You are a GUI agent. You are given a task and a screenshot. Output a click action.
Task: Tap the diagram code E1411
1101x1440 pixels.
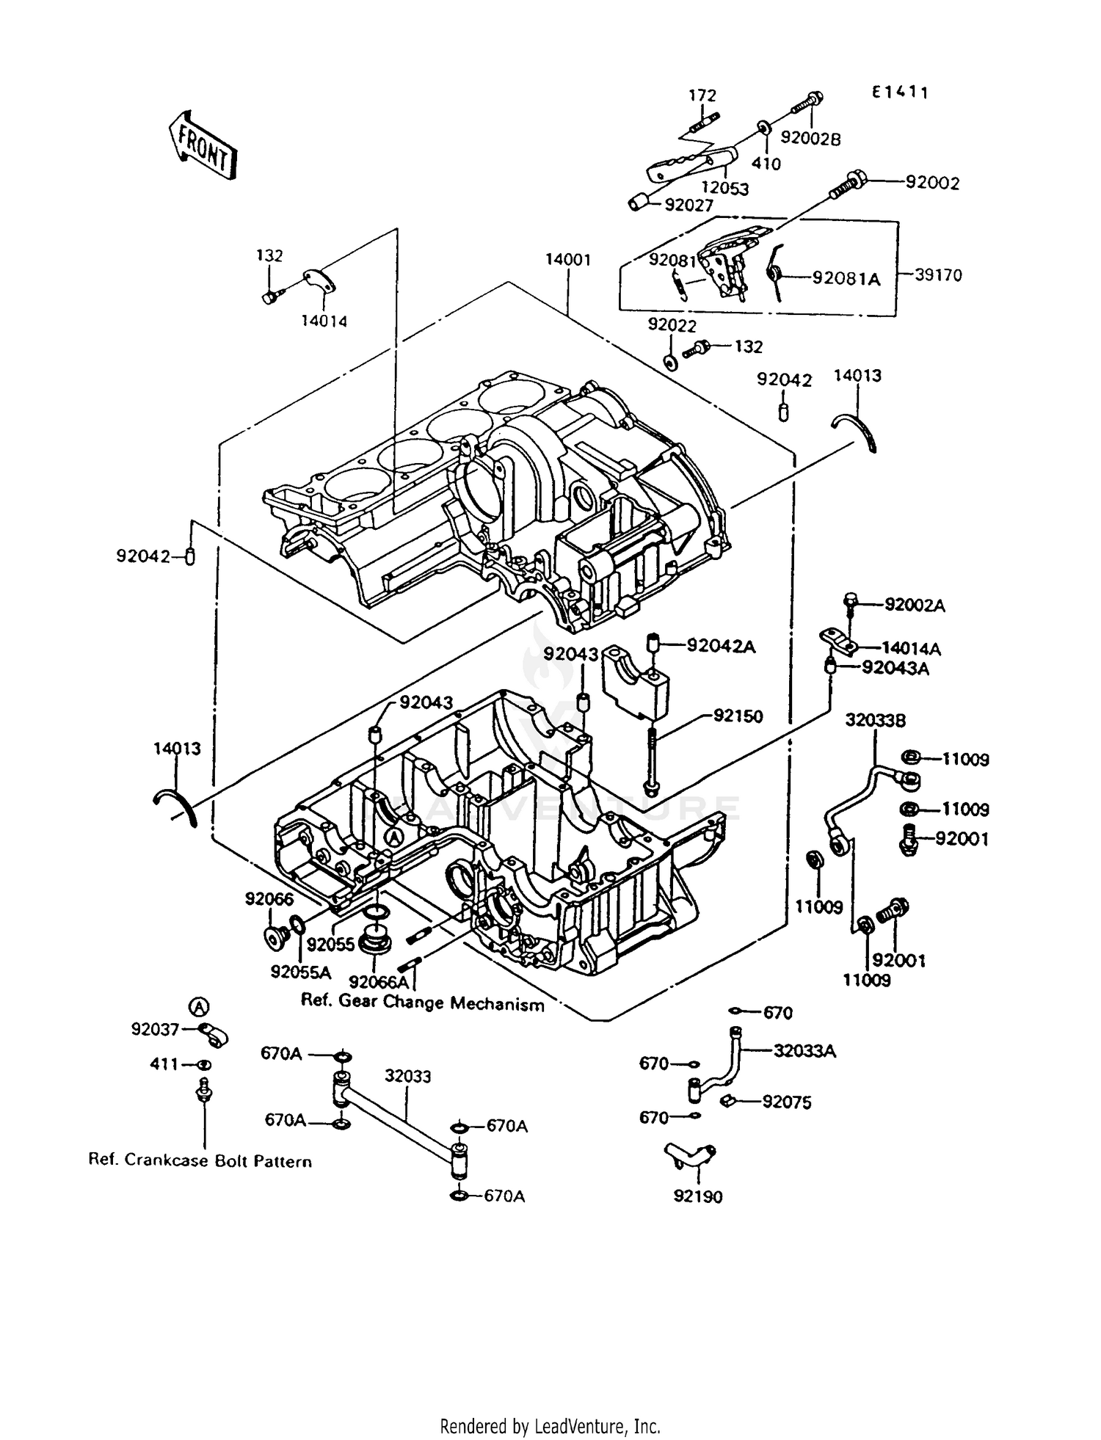[x=899, y=92]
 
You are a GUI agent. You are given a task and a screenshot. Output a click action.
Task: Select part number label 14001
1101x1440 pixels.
[x=568, y=260]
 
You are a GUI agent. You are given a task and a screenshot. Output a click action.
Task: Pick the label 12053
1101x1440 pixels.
[x=724, y=189]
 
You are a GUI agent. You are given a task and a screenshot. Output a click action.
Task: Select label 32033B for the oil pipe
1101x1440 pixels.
[x=875, y=720]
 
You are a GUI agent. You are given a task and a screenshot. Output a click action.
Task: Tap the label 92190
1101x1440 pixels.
[x=697, y=1197]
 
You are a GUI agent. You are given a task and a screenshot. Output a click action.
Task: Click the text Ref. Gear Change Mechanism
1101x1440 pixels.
[x=423, y=1003]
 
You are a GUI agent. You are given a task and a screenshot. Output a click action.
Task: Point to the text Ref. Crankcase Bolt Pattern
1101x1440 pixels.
[x=200, y=1161]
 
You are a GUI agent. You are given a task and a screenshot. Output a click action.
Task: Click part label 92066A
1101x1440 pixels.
[x=379, y=982]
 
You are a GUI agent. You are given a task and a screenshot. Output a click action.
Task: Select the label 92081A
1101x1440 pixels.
[x=846, y=278]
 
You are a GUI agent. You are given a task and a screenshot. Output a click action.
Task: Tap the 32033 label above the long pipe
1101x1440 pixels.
[x=407, y=1077]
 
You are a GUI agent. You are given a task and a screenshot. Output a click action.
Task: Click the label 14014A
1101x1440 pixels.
[x=911, y=649]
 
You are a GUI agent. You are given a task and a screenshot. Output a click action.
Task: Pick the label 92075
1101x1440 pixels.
[x=787, y=1102]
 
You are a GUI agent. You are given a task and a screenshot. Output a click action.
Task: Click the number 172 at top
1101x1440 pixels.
[x=702, y=95]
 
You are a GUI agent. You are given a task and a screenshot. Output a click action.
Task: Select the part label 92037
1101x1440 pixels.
[x=155, y=1030]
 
